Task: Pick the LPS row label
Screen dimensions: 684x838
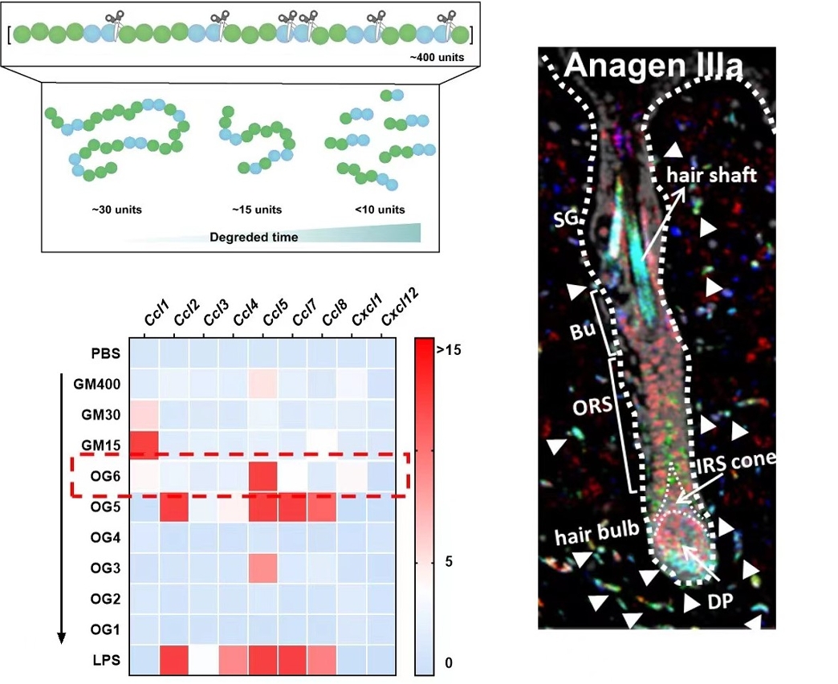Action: pyautogui.click(x=104, y=659)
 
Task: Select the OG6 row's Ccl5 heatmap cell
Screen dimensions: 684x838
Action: pyautogui.click(x=263, y=476)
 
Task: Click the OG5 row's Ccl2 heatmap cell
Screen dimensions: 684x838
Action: pyautogui.click(x=174, y=507)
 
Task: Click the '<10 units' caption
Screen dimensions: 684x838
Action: pyautogui.click(x=380, y=210)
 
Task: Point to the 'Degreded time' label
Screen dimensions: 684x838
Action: pyautogui.click(x=254, y=237)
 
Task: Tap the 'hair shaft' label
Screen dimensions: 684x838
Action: pyautogui.click(x=712, y=175)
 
